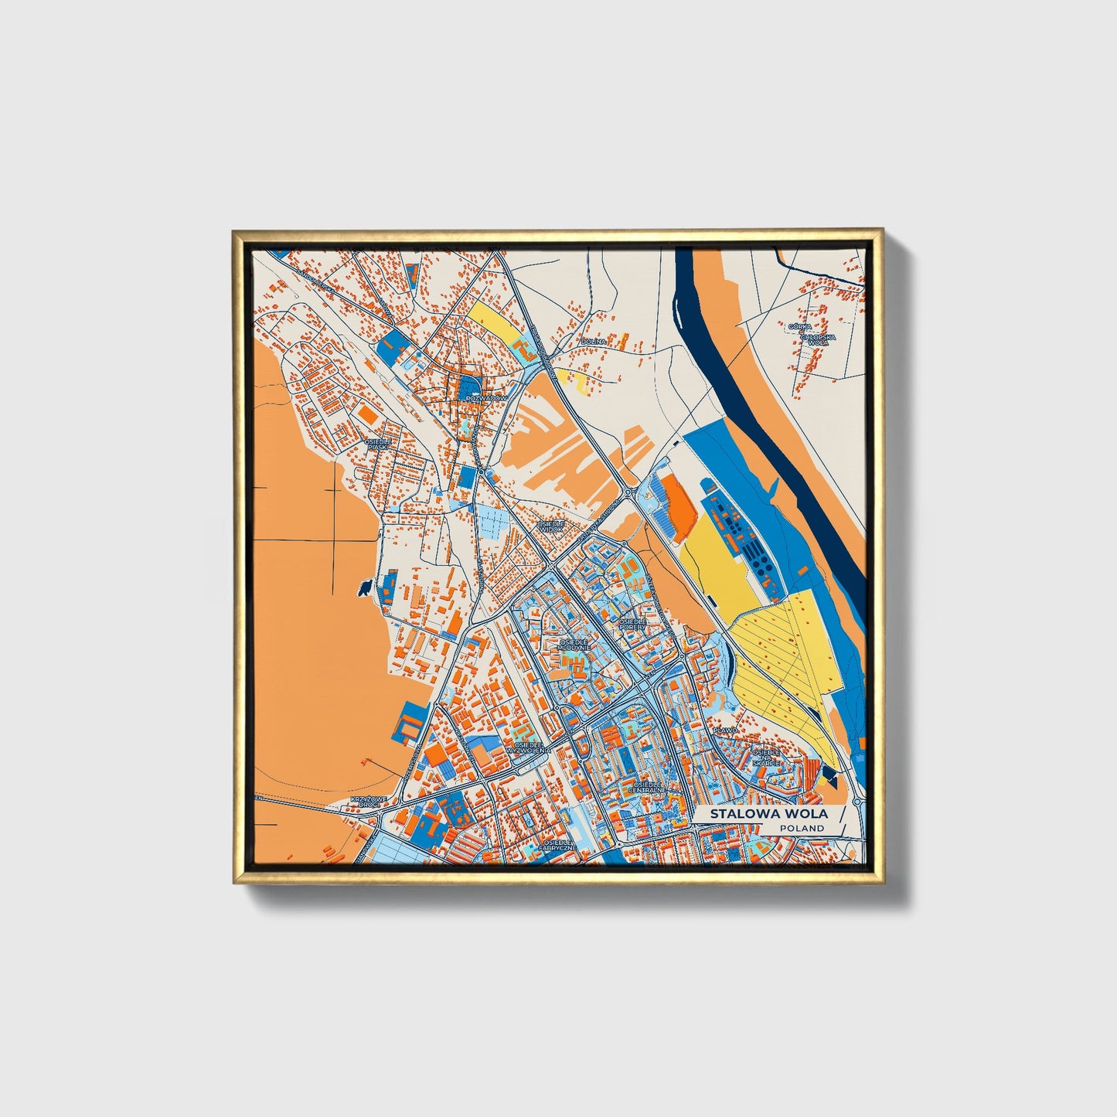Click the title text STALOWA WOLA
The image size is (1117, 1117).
coord(768,813)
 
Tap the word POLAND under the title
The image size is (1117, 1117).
coord(802,828)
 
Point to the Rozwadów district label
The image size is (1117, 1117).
coord(487,398)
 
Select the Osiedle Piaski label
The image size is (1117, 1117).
coord(379,444)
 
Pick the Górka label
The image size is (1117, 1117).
coord(799,327)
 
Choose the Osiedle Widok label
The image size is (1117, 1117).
coord(551,526)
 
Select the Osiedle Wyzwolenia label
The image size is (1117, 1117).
coord(528,747)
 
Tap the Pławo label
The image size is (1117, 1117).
coord(726,730)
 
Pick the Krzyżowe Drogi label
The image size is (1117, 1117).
coord(365,802)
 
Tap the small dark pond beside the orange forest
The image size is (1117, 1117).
coord(362,589)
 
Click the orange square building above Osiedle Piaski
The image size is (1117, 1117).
coord(368,415)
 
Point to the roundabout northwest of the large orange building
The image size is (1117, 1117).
coord(628,490)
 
